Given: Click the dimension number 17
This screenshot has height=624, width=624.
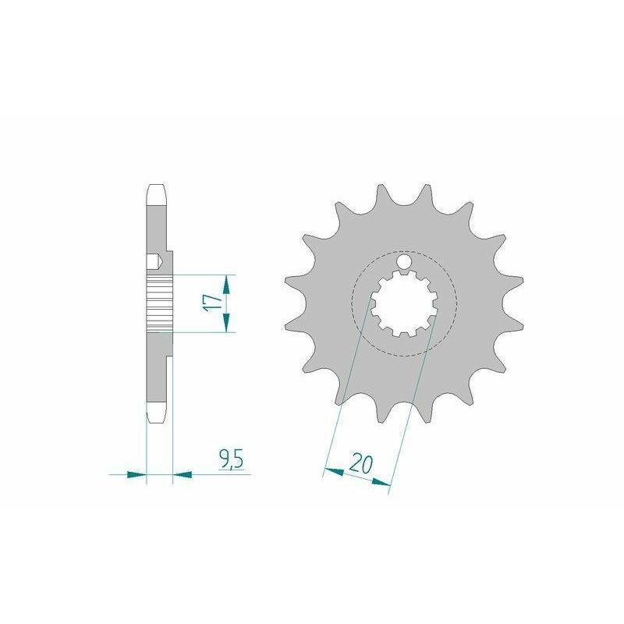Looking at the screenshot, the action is (212, 303).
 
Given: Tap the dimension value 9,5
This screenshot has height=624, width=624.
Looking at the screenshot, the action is (231, 459).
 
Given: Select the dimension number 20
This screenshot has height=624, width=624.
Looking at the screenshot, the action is (361, 464).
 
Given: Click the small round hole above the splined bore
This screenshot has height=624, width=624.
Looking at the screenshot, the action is (405, 261).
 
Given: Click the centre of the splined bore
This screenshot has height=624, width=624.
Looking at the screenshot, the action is (404, 303).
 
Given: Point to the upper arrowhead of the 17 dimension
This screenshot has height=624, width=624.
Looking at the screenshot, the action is (226, 284).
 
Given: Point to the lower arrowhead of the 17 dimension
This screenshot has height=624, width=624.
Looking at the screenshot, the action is (226, 322).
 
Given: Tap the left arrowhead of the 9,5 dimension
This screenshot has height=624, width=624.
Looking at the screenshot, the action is (136, 474).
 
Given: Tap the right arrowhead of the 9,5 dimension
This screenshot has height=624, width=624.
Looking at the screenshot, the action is (183, 474).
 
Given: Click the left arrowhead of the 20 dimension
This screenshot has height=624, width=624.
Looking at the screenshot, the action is (334, 472).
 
